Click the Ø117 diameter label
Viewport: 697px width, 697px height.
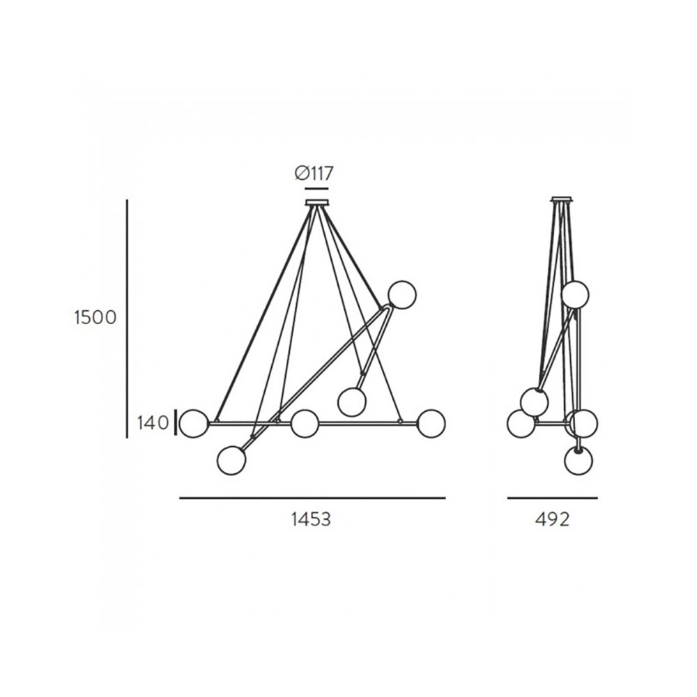314,173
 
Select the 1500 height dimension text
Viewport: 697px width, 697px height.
95,317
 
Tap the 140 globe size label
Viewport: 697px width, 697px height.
153,423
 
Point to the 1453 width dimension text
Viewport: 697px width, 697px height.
311,519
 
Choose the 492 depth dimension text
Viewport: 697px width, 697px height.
552,519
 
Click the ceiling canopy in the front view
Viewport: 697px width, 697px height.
317,203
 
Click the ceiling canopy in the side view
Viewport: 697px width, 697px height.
562,199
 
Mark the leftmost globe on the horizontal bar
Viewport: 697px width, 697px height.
193,424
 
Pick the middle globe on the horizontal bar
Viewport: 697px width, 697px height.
305,424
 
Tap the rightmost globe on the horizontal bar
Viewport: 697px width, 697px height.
431,424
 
